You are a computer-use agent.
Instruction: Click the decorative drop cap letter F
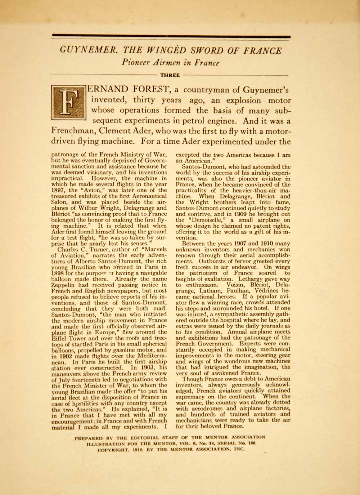point(68,103)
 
